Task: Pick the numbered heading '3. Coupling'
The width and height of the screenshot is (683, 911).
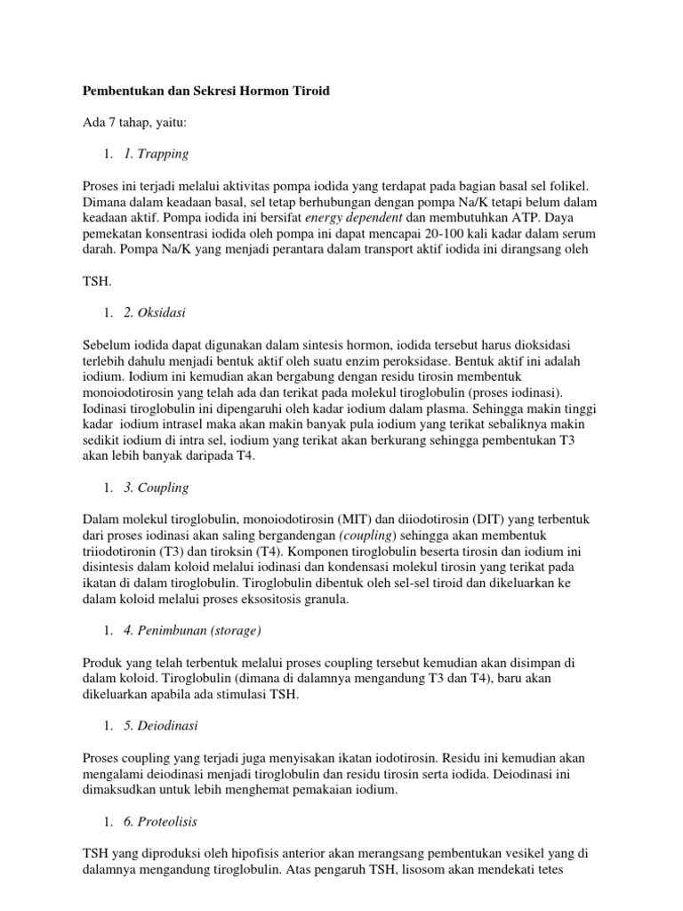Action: pyautogui.click(x=157, y=488)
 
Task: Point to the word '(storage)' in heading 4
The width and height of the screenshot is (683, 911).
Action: pyautogui.click(x=230, y=631)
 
